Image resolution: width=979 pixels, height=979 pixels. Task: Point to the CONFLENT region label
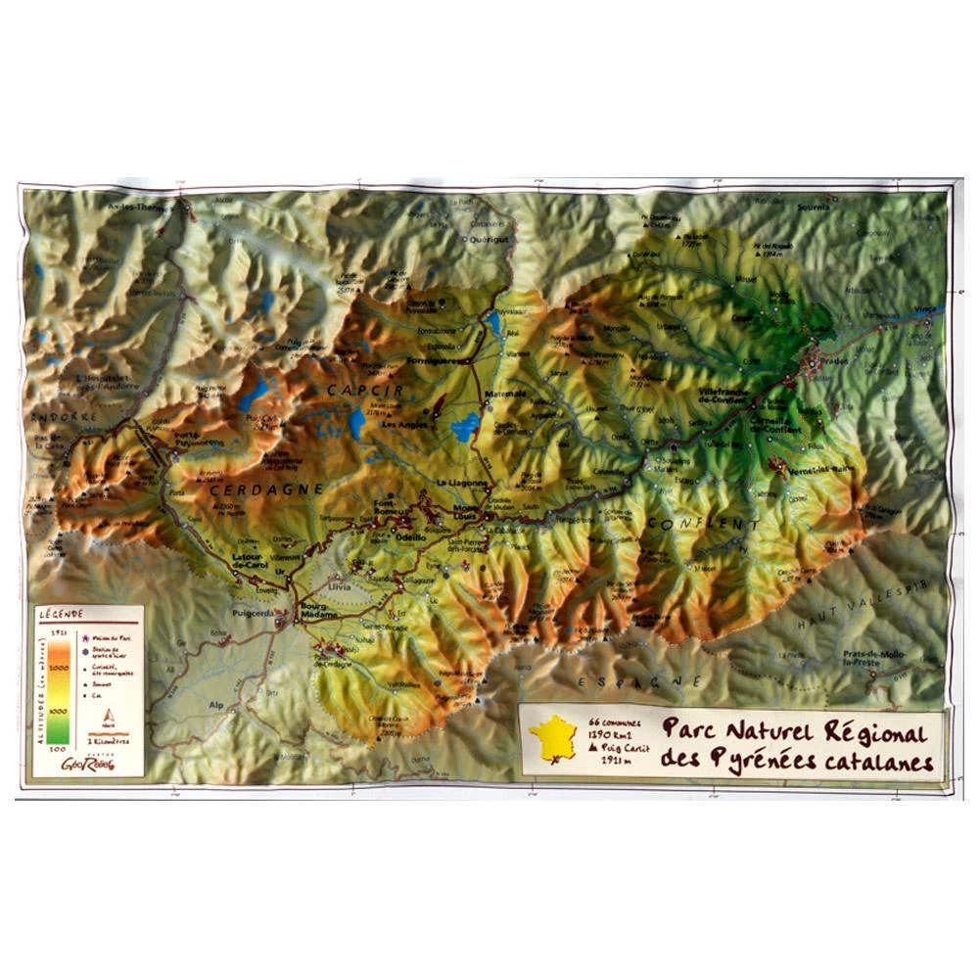[702, 526]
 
